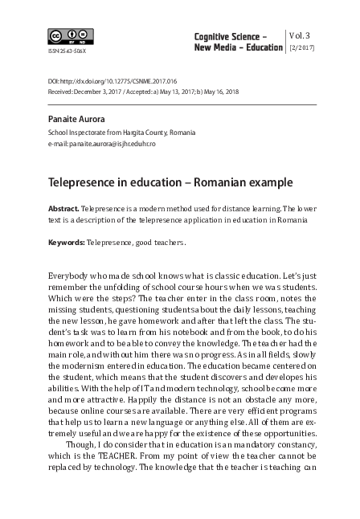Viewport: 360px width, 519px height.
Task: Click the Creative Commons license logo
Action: click(x=71, y=37)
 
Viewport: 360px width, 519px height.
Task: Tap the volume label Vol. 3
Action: click(x=302, y=36)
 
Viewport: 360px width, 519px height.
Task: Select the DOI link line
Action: click(x=112, y=82)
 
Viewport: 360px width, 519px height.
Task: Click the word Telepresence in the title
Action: click(x=84, y=183)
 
